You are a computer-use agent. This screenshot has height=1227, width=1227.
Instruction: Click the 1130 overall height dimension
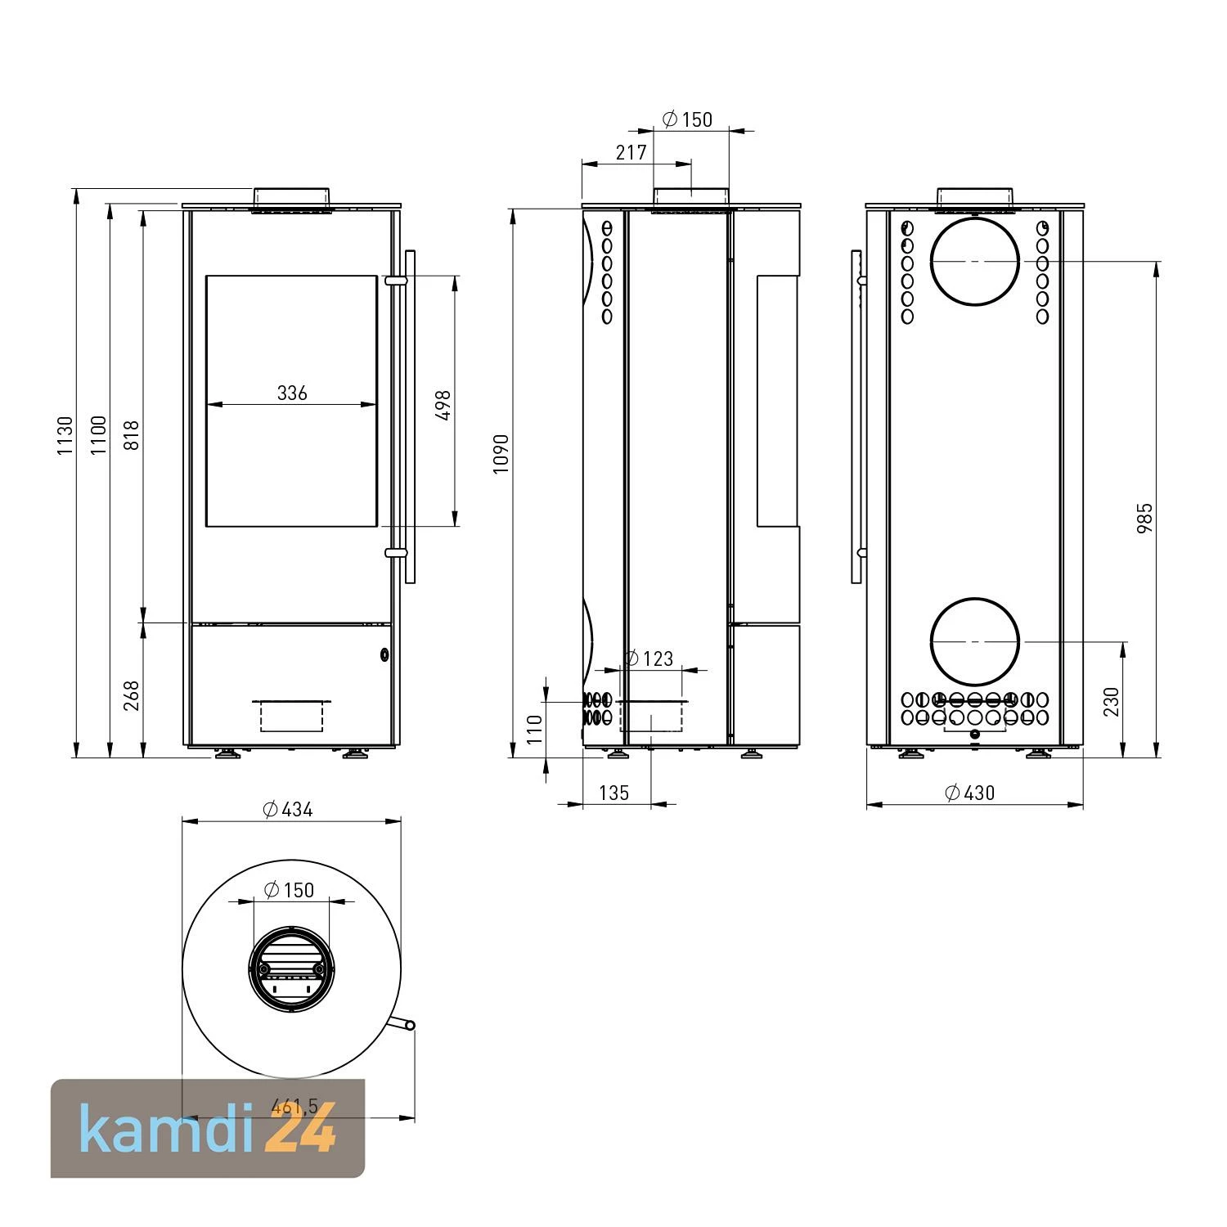(65, 436)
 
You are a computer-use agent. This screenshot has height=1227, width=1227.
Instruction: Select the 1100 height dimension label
(98, 436)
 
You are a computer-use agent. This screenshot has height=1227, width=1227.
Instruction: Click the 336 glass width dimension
(292, 393)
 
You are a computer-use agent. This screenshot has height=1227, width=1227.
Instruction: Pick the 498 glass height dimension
(444, 406)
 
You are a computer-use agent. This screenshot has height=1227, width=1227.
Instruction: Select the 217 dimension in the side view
(631, 152)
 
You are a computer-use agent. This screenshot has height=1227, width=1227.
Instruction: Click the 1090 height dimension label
(501, 452)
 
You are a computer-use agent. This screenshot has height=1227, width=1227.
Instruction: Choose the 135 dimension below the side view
(613, 793)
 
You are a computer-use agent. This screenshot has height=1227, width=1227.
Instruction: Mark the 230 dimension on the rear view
(1111, 702)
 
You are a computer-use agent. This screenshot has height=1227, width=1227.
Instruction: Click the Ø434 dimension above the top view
(288, 810)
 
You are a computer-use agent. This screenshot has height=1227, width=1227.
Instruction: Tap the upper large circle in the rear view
(975, 261)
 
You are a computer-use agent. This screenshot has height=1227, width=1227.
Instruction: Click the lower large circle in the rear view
(975, 641)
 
